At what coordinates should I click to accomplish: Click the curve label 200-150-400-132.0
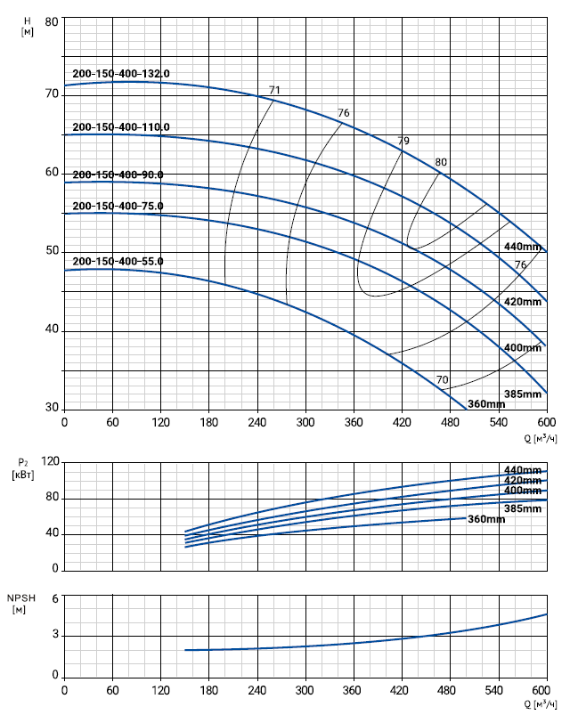[x=120, y=74]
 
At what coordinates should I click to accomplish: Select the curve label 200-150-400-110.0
[x=120, y=127]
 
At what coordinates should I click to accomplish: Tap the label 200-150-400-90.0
[x=117, y=175]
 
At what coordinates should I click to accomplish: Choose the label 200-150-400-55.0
[x=117, y=262]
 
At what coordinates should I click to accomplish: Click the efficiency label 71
[x=274, y=90]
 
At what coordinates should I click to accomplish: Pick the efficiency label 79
[x=403, y=142]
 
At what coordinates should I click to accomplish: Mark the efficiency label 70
[x=442, y=380]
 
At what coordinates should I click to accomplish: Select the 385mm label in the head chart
[x=523, y=394]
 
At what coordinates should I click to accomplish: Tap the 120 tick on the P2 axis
[x=48, y=461]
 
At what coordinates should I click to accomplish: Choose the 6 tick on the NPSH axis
[x=54, y=598]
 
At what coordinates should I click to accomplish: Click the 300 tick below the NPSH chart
[x=305, y=690]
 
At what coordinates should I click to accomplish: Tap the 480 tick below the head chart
[x=450, y=422]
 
